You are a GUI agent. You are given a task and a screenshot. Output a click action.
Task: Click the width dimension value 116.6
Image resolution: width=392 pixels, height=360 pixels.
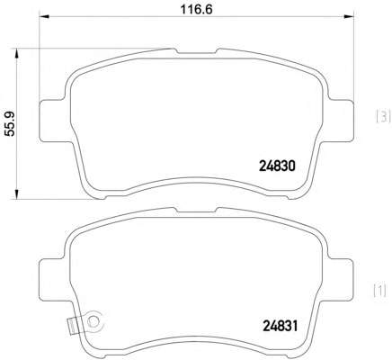coord(196,9)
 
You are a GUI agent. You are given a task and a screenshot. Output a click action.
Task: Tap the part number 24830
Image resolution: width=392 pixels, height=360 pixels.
coord(277,166)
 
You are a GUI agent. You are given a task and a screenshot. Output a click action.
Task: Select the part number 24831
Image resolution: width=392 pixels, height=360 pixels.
coord(281,326)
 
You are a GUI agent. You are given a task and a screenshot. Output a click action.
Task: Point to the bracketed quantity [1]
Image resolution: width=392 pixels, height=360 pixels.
coord(379,291)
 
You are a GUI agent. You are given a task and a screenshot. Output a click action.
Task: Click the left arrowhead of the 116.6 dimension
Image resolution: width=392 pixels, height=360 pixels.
coord(44,16)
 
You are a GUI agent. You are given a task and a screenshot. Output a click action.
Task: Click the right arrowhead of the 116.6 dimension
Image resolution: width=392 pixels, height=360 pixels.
coord(349,16)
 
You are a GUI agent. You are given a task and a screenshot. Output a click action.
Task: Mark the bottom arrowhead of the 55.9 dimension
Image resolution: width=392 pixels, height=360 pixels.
coord(17,193)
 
